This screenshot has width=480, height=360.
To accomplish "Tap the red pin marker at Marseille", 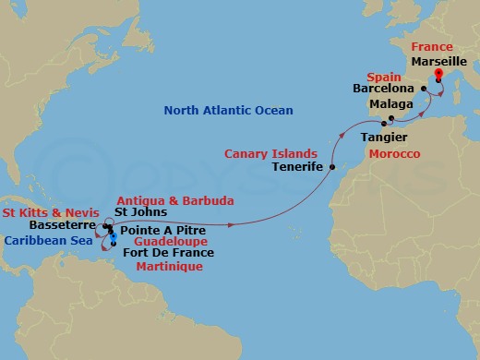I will point(438,74).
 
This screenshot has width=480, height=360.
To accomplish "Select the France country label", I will point(433,47).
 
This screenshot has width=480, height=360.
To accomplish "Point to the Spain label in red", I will point(381,77).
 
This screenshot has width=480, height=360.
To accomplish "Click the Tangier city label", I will point(384,136).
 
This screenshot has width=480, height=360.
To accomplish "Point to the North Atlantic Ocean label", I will point(228,112).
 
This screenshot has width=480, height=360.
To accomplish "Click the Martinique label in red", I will point(168,266).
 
